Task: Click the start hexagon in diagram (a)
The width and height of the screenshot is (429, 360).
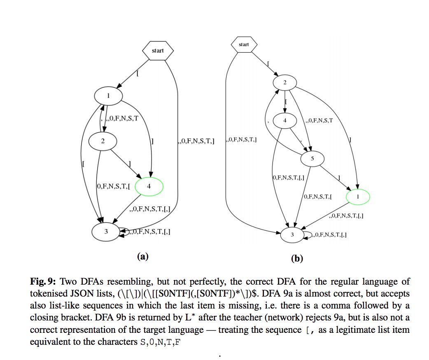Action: tap(158, 51)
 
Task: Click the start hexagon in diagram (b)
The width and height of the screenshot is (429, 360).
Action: tap(244, 44)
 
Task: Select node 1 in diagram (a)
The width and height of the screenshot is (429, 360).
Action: tap(108, 96)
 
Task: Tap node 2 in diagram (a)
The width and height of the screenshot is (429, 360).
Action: tap(103, 140)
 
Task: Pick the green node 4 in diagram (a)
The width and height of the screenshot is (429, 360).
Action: tap(149, 186)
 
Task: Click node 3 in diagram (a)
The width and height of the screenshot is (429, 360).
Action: tap(106, 231)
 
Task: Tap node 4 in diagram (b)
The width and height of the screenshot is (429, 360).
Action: tap(285, 121)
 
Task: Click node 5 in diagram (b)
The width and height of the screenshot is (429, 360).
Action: tap(312, 158)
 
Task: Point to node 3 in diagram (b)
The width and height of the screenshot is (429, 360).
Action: tap(292, 235)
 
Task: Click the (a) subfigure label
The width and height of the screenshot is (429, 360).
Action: tap(142, 257)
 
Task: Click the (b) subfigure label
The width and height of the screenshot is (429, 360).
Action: tap(296, 259)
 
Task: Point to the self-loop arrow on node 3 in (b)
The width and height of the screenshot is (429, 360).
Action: tap(308, 235)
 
